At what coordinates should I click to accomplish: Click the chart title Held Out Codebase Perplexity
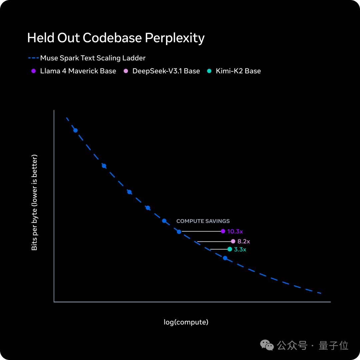tap(116, 38)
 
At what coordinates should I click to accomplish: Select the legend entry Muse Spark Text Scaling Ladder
tap(93, 58)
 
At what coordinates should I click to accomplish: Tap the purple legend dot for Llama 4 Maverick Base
tap(34, 71)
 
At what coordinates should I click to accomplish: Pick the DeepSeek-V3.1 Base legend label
tap(166, 71)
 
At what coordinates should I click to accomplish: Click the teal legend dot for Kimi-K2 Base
tap(209, 71)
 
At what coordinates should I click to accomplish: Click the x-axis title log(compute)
tap(186, 322)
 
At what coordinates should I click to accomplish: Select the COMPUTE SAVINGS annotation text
tap(203, 221)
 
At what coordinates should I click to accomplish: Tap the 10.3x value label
tap(235, 231)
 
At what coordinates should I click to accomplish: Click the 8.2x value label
tap(244, 241)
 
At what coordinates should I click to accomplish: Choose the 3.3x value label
tap(240, 249)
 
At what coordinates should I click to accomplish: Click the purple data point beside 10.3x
tap(223, 231)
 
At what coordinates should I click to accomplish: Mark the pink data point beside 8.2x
tap(233, 241)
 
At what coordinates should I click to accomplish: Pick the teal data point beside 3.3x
tap(230, 249)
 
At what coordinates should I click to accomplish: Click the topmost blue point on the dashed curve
tap(75, 130)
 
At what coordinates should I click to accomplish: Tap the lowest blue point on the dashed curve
tap(225, 258)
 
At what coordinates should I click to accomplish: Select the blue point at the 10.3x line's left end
tap(179, 232)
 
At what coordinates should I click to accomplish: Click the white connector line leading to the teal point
tap(219, 249)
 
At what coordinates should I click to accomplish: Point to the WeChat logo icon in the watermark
tap(267, 345)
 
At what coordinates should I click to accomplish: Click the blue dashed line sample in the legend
tap(34, 58)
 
